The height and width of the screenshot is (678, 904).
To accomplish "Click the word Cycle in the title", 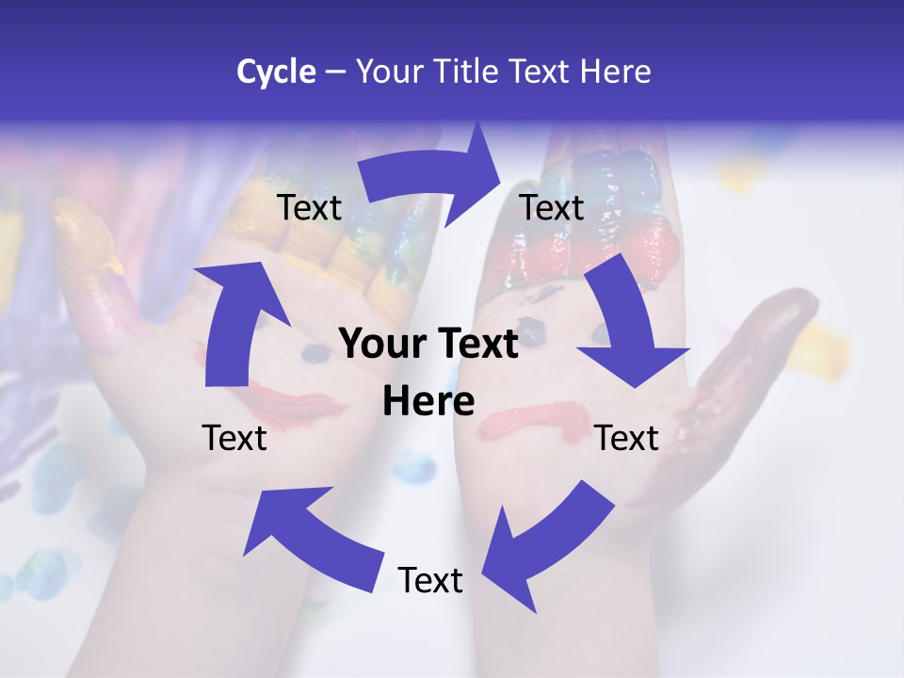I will click(276, 72).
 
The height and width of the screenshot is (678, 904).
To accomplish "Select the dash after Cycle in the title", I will click(335, 73).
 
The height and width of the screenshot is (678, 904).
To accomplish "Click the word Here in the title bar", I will click(616, 72).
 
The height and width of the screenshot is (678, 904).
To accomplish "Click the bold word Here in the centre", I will click(428, 402).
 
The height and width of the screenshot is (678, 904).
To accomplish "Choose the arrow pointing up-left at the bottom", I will click(310, 536).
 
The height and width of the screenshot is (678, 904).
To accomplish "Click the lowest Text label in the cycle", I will click(430, 580).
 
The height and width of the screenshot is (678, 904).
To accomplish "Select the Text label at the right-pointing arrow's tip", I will click(552, 207).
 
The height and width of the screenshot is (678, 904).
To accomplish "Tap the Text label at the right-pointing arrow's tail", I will click(309, 207).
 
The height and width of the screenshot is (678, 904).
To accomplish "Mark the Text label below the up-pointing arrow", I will click(234, 438).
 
